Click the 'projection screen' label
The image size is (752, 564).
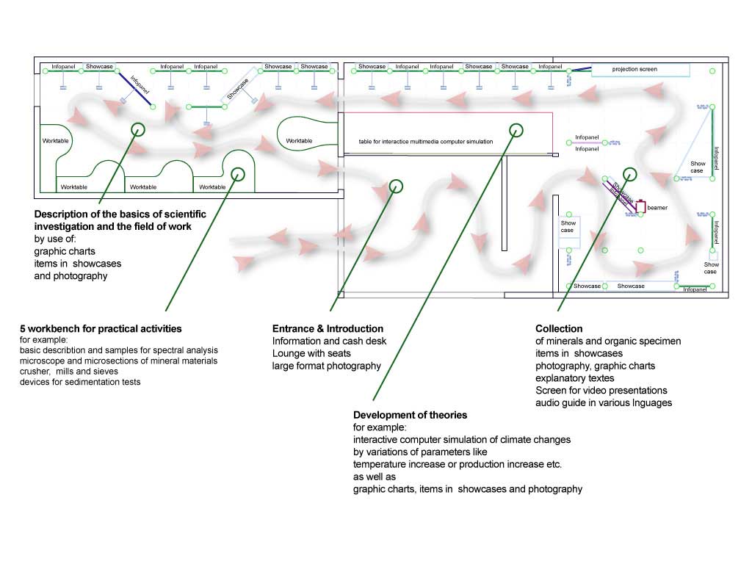click(x=634, y=69)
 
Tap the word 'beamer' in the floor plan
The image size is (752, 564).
click(x=657, y=208)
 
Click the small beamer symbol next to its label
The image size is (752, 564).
click(x=640, y=207)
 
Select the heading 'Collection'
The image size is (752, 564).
click(x=559, y=329)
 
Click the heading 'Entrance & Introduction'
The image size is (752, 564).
click(x=328, y=329)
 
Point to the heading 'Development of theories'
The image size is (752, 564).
click(x=410, y=415)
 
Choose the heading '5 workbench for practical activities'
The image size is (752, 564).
click(x=101, y=328)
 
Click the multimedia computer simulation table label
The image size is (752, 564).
click(x=426, y=141)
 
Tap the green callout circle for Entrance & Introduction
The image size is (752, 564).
click(x=396, y=186)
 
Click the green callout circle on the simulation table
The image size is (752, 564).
click(x=517, y=131)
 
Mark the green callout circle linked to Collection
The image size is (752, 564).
click(x=629, y=173)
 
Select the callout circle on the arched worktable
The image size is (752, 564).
click(x=237, y=174)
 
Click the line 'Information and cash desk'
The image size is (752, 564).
click(x=329, y=341)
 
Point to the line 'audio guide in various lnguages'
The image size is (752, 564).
click(x=604, y=402)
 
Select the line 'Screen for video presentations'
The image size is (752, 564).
click(x=601, y=390)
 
